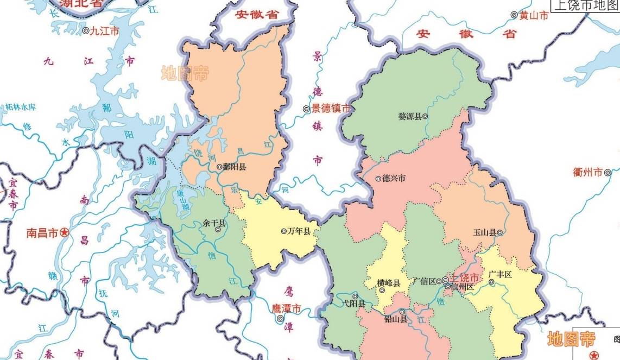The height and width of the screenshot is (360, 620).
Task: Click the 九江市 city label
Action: pyautogui.click(x=104, y=31)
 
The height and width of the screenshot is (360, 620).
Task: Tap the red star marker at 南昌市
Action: pyautogui.click(x=65, y=233)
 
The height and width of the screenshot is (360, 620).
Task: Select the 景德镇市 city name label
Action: pyautogui.click(x=331, y=109)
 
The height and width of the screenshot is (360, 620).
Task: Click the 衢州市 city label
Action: pyautogui.click(x=588, y=172)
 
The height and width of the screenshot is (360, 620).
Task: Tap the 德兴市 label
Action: pyautogui.click(x=394, y=178)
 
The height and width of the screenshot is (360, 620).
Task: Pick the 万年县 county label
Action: pyautogui.click(x=299, y=231)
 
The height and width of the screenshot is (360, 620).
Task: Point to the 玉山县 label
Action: pyautogui.click(x=484, y=232)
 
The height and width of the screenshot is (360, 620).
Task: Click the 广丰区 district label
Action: pyautogui.click(x=500, y=274)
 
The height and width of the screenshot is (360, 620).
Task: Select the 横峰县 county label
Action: pyautogui.click(x=389, y=283)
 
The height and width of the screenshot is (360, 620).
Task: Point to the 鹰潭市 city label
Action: pyautogui.click(x=286, y=308)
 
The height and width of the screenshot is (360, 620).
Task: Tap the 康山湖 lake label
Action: pyautogui.click(x=183, y=200)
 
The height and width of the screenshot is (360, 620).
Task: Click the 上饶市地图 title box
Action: pyautogui.click(x=585, y=5)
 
